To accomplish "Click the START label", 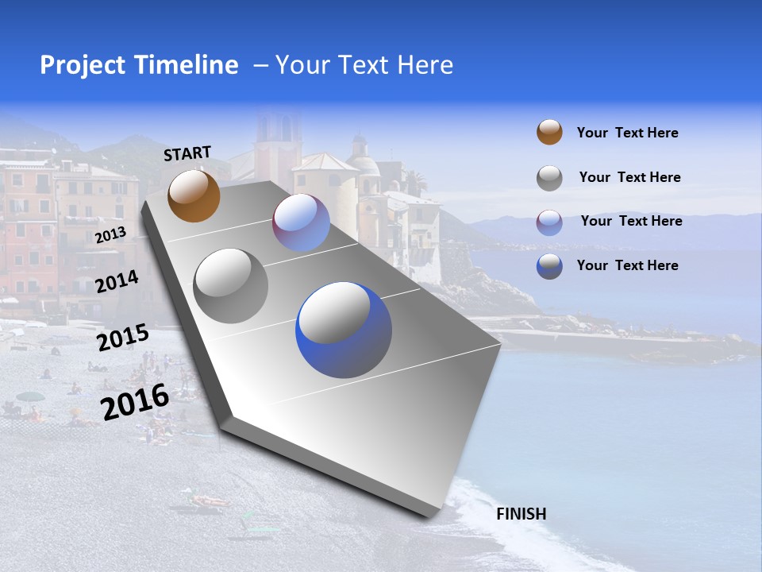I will (x=187, y=153).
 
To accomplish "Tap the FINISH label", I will (x=521, y=514).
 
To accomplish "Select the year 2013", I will (x=110, y=234).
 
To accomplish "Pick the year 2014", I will (x=117, y=281).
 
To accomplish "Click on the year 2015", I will (x=122, y=338).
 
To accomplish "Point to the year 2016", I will (x=135, y=401).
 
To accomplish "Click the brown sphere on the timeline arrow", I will (x=194, y=195).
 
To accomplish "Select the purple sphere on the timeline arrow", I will (x=301, y=222).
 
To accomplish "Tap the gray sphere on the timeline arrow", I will (x=230, y=285).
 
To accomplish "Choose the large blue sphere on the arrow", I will (x=343, y=330).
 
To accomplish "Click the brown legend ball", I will (x=549, y=132).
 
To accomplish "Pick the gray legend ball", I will (x=549, y=178).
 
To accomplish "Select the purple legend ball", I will (x=549, y=222).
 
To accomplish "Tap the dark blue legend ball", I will (x=549, y=266).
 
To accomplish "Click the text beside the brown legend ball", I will (x=627, y=133).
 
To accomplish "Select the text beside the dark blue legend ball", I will (x=627, y=265).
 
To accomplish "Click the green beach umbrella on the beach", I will (x=30, y=396).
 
